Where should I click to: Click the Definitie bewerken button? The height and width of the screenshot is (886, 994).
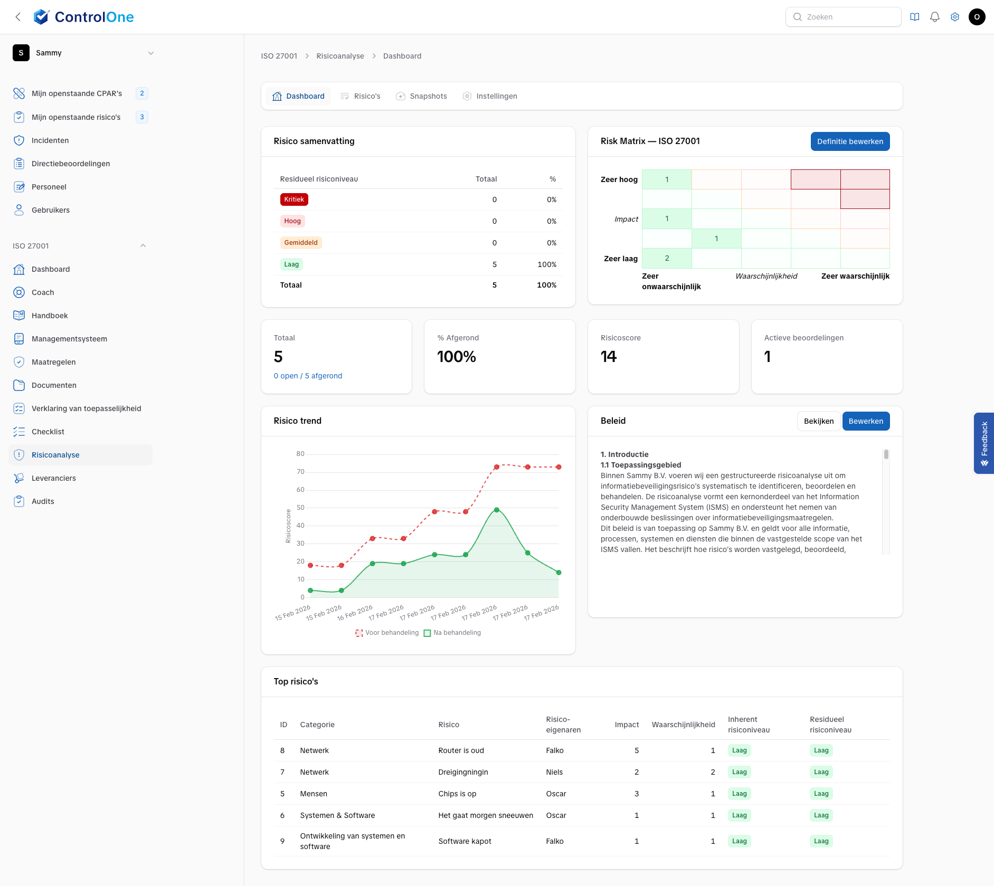pyautogui.click(x=850, y=141)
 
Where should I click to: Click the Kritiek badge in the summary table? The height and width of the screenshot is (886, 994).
pyautogui.click(x=294, y=199)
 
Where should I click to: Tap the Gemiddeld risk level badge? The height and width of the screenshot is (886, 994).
pyautogui.click(x=300, y=243)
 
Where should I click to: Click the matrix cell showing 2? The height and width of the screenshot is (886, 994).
pyautogui.click(x=667, y=258)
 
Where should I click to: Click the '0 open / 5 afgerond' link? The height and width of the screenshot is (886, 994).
pyautogui.click(x=308, y=376)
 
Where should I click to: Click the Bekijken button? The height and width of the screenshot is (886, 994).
pyautogui.click(x=818, y=421)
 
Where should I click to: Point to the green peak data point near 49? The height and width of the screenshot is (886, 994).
pyautogui.click(x=497, y=510)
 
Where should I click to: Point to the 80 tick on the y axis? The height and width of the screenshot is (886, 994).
pyautogui.click(x=300, y=454)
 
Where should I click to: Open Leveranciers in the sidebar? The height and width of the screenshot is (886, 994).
pyautogui.click(x=54, y=478)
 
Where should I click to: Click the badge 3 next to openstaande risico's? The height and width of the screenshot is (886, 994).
pyautogui.click(x=141, y=117)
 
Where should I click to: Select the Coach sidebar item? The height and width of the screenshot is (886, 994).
pyautogui.click(x=43, y=292)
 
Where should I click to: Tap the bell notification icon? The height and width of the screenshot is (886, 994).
pyautogui.click(x=934, y=17)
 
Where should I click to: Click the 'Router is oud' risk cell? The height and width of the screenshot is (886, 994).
pyautogui.click(x=461, y=750)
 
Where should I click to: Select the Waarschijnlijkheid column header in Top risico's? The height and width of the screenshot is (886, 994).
pyautogui.click(x=683, y=725)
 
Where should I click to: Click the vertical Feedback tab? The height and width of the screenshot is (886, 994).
pyautogui.click(x=983, y=443)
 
